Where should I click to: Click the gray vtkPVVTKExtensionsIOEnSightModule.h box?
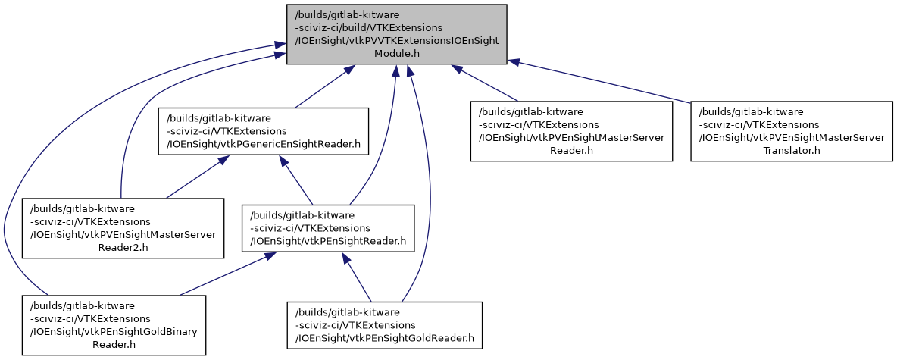(396, 34)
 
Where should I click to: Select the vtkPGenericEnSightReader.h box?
(263, 131)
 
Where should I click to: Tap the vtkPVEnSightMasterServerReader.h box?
(571, 130)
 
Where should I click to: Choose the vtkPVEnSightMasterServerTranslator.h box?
(791, 130)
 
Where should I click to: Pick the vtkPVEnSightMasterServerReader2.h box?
(123, 227)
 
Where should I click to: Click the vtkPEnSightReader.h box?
(328, 227)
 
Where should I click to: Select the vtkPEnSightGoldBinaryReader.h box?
(114, 324)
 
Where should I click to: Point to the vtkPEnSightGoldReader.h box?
(384, 324)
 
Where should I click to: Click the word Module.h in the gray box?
(397, 55)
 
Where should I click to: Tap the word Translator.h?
(792, 151)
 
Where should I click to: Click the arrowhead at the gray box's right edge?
(512, 61)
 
